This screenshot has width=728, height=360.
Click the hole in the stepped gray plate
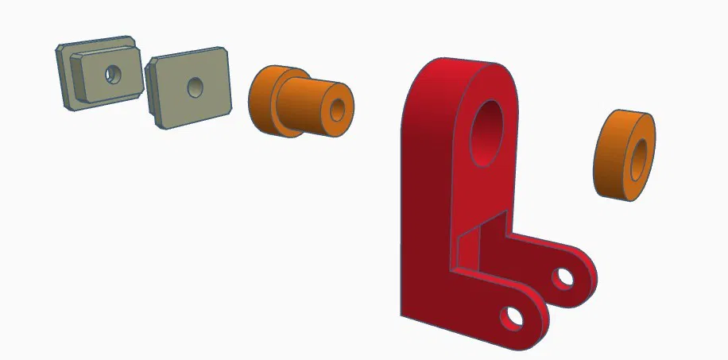[113, 74]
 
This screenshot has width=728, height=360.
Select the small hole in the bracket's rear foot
[564, 277]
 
